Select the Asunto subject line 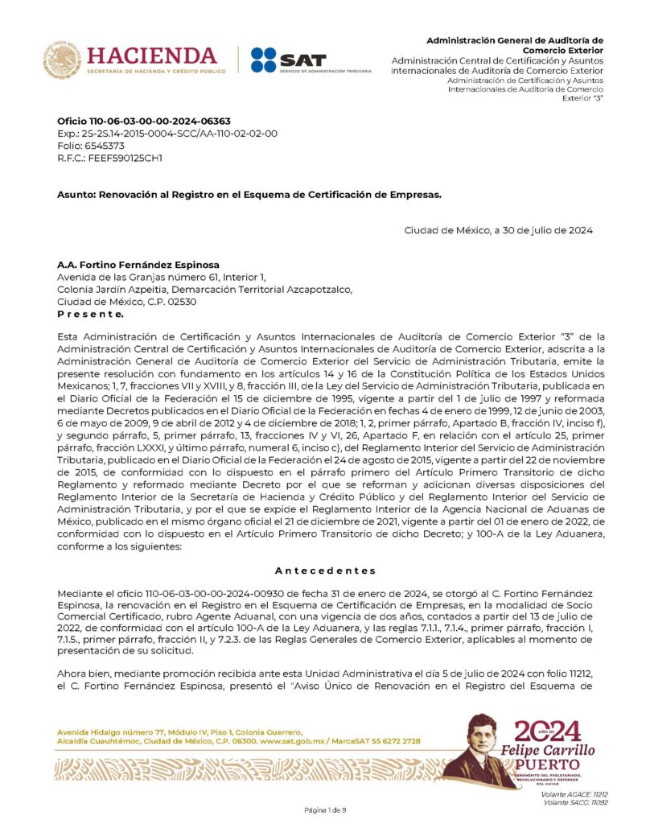[249, 194]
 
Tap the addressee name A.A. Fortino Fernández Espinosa [138, 265]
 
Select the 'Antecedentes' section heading [325, 571]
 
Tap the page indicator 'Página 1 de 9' [325, 810]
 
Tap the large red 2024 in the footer [547, 731]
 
